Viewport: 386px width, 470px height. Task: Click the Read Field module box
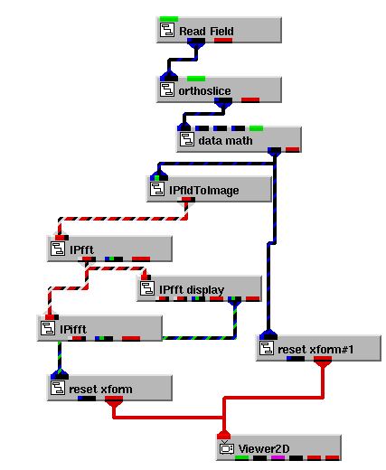click(219, 30)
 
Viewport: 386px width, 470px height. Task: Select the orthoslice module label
click(204, 90)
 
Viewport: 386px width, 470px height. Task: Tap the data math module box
click(239, 139)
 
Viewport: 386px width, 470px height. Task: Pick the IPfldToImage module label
click(204, 191)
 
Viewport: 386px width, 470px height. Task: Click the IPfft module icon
click(57, 249)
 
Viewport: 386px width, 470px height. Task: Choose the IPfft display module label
click(192, 290)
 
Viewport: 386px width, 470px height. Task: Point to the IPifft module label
click(73, 329)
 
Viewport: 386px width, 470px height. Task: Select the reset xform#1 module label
click(315, 350)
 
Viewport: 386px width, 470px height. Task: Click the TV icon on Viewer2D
click(227, 447)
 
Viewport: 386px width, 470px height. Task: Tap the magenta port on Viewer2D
click(278, 457)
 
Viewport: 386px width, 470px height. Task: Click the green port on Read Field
click(169, 19)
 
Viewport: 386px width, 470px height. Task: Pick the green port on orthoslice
click(196, 79)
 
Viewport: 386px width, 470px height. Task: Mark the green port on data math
click(256, 128)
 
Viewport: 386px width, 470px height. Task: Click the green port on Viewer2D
click(241, 457)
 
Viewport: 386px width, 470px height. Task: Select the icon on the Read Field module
click(167, 30)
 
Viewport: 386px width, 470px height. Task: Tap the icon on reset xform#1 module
click(267, 348)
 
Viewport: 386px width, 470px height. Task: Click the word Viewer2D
click(264, 449)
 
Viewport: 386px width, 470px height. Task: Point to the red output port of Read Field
click(223, 41)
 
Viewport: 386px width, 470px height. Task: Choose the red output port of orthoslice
click(250, 100)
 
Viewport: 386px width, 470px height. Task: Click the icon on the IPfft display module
click(147, 288)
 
